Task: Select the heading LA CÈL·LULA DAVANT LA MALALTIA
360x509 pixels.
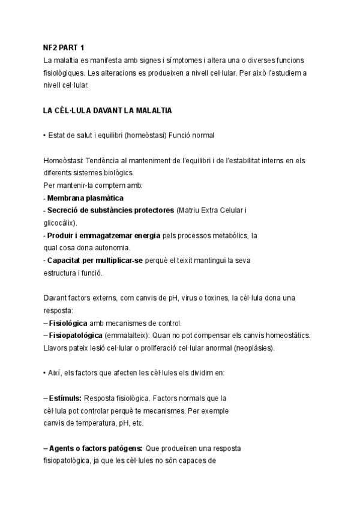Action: pos(107,110)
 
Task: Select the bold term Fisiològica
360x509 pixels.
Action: pos(71,323)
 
